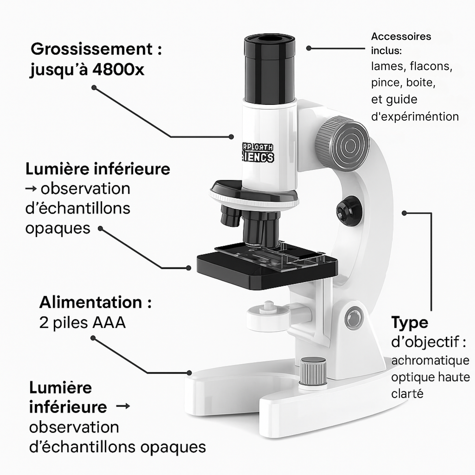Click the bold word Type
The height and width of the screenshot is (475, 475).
pos(410,323)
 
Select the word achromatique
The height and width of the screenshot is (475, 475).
pos(430,361)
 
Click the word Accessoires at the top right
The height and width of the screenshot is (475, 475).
pos(401,36)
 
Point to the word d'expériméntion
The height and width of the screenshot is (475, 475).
pos(415,116)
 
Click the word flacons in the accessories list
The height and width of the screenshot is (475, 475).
pos(431,66)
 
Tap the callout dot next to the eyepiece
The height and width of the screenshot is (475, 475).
pos(309,48)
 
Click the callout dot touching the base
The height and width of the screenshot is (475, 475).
pos(189,373)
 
